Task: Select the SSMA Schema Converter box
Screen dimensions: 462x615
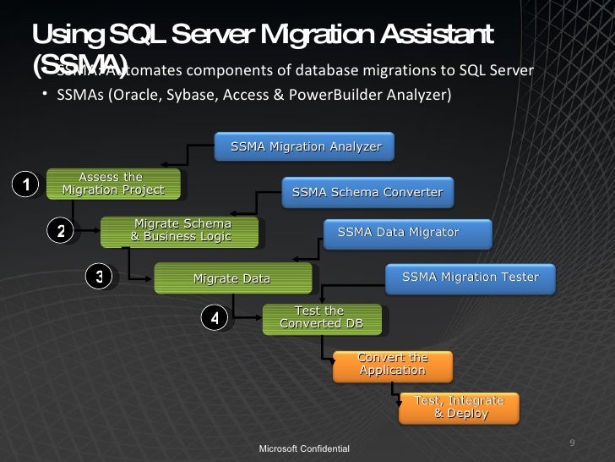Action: (367, 193)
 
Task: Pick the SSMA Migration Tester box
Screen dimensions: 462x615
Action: (470, 277)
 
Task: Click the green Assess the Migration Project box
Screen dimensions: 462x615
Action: (112, 184)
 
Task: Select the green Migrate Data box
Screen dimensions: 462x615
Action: (231, 278)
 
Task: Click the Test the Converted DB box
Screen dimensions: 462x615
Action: (322, 317)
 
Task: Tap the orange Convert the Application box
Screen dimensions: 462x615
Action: (393, 364)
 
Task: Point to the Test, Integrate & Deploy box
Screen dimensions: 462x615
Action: (459, 406)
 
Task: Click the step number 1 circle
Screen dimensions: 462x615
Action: (26, 184)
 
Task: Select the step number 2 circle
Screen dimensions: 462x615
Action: (61, 229)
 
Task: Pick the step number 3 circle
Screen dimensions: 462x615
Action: (99, 277)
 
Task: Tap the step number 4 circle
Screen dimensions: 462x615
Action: (215, 318)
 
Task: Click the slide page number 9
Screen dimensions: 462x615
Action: (573, 443)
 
